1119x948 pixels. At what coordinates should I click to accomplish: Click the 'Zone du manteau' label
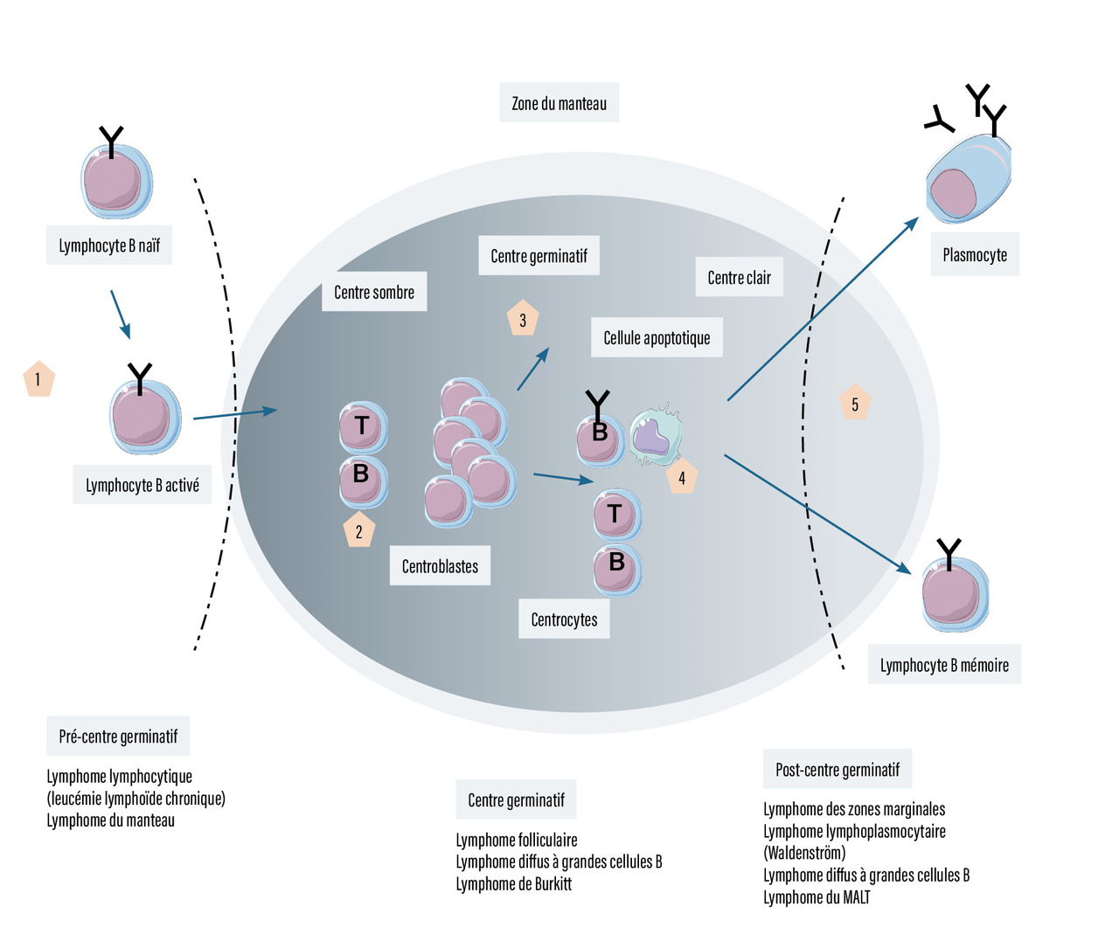tap(559, 103)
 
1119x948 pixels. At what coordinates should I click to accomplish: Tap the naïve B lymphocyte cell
tap(116, 182)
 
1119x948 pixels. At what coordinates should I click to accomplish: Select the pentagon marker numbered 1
tap(38, 379)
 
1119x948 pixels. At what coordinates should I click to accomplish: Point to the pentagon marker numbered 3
tap(523, 320)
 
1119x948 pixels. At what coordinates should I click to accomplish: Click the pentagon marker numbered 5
tap(855, 403)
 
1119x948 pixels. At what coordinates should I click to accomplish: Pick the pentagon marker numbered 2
tap(358, 530)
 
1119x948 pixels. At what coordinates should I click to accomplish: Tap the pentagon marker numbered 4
tap(682, 477)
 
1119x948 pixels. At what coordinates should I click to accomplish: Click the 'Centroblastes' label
tap(440, 566)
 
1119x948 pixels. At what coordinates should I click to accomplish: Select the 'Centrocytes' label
tap(564, 619)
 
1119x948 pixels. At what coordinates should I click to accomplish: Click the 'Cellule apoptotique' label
tap(657, 338)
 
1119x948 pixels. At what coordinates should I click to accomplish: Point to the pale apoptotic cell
tap(655, 434)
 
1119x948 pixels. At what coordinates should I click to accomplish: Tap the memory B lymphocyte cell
tap(955, 594)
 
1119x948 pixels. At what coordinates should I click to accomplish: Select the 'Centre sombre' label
tap(374, 292)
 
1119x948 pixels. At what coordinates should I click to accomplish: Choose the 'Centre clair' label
tap(739, 278)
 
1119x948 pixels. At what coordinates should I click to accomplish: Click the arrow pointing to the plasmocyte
tap(822, 309)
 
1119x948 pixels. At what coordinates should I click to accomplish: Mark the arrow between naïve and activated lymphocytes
tap(121, 314)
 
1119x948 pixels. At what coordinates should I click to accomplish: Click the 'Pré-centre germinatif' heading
tap(118, 737)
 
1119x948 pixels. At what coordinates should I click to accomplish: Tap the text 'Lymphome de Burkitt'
tap(514, 883)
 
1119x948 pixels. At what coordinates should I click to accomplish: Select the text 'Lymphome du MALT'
tap(817, 897)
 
